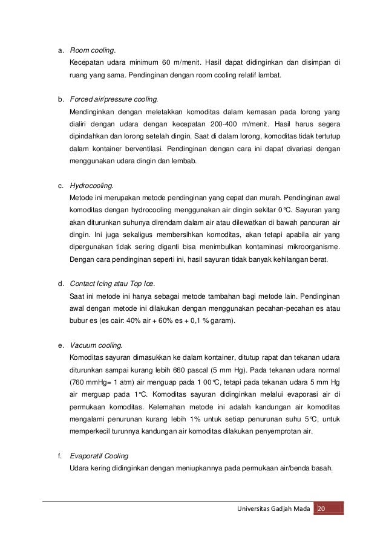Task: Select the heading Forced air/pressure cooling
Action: tap(114, 99)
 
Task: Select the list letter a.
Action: tap(59, 50)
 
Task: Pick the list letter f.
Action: tap(59, 457)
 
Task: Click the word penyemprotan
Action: tap(269, 432)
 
